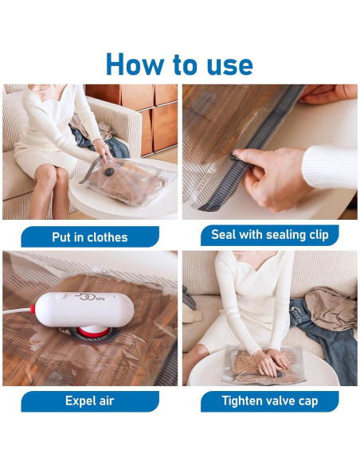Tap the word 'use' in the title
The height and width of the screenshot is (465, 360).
pos(230,66)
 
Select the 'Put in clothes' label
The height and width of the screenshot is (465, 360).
pos(90,237)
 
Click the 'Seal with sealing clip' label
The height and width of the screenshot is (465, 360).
pos(269,235)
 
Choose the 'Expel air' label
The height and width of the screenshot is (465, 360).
pos(90,401)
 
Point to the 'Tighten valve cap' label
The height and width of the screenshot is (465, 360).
pos(269,401)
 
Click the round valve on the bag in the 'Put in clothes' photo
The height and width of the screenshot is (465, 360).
pos(109,171)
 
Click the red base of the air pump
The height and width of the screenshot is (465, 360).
pos(94,331)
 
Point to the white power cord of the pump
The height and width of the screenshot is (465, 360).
pos(18,311)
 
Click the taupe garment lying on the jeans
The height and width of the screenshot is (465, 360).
pos(331,307)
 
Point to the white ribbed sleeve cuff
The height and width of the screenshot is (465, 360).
pos(330,166)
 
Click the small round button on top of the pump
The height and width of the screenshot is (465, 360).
pos(61,295)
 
